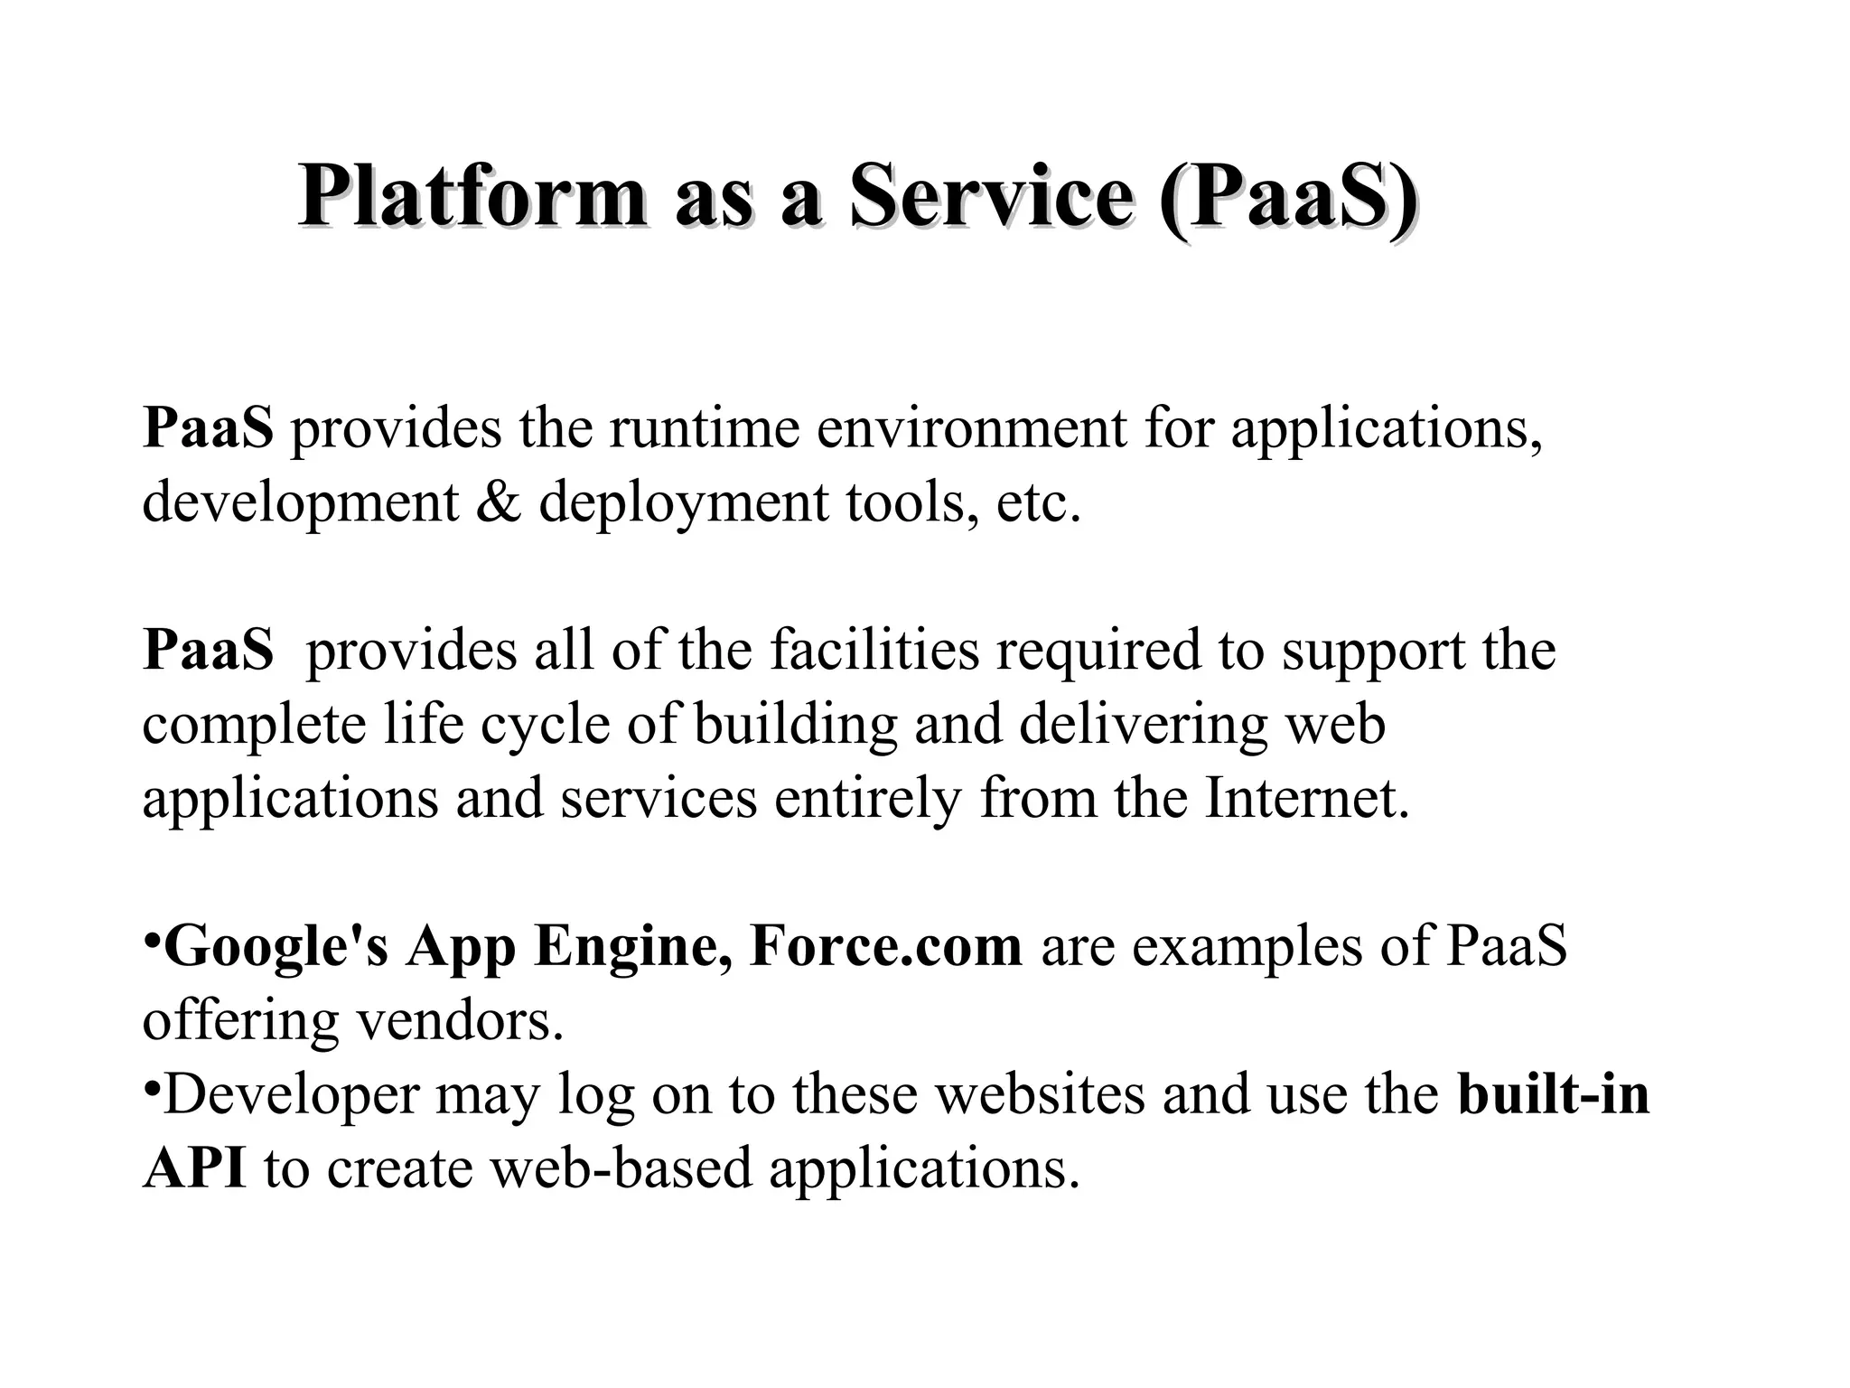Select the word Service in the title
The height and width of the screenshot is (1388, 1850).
coord(991,196)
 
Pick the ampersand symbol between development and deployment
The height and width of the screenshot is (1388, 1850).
coord(498,502)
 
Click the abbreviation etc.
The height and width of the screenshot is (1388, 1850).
coord(1038,502)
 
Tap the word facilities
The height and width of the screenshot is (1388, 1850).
coord(874,650)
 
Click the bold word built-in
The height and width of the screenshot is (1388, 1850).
coord(1554,1094)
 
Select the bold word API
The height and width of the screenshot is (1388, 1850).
coord(194,1168)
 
